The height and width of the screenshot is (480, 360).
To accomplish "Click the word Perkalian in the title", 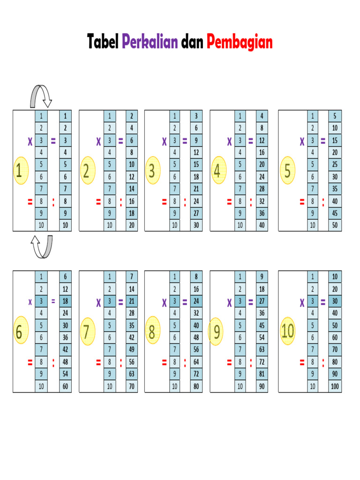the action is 150,42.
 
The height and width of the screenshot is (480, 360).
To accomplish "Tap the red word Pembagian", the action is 240,42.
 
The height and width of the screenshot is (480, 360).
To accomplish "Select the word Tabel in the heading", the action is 103,41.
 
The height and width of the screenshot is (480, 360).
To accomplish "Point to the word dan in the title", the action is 192,42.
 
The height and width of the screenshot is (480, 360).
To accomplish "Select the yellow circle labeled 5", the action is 287,170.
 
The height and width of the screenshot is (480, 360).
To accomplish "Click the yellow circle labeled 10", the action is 288,330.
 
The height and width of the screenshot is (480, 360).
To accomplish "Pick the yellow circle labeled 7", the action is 88,331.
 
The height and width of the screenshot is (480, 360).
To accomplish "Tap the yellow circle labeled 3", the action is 153,170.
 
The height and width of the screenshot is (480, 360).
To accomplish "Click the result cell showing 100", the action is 335,386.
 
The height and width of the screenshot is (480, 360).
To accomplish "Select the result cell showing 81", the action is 262,374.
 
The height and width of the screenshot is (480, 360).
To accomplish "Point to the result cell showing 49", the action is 132,350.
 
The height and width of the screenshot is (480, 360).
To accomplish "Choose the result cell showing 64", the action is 196,362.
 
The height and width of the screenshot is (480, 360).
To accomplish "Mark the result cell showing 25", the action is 335,165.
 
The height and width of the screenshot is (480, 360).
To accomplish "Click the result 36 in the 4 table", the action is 262,213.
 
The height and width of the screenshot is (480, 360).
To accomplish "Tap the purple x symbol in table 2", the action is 98,141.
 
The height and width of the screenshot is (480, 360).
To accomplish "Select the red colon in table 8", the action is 185,362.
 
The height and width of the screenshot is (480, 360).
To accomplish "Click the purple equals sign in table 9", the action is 251,302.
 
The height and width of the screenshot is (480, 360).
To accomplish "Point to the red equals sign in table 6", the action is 30,362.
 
